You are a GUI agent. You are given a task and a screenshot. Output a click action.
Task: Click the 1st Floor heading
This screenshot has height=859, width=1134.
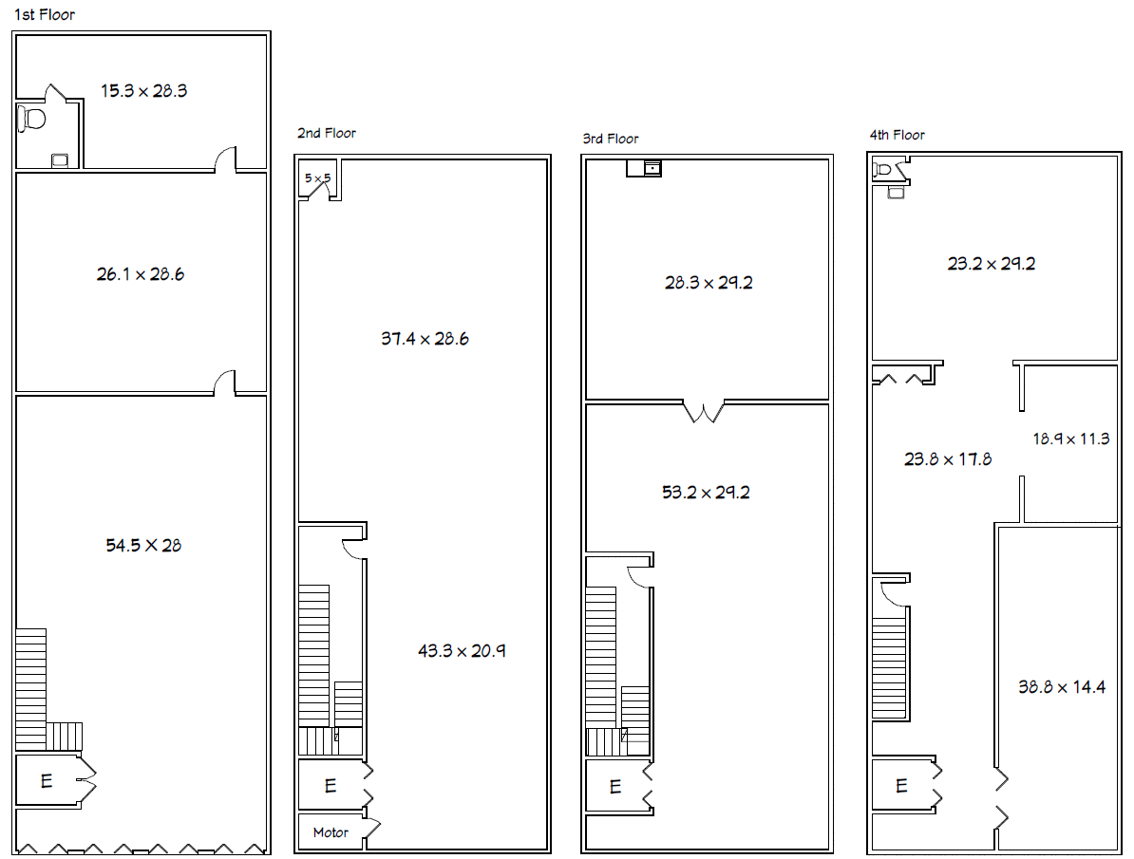[x=45, y=14]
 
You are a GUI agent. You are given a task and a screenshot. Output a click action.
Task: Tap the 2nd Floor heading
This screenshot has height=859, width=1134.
[x=326, y=133]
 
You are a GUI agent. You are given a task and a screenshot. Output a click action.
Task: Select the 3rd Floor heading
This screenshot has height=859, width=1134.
[x=611, y=139]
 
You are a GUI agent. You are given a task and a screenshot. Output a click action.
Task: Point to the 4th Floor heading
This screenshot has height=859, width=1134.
[x=897, y=135]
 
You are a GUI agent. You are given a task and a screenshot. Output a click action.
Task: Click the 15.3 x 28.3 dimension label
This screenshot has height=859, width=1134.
[x=144, y=91]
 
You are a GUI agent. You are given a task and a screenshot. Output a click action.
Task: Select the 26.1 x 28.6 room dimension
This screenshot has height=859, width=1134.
[x=141, y=274]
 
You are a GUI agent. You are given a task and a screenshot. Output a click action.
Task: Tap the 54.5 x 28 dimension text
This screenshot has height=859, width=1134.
[x=143, y=546]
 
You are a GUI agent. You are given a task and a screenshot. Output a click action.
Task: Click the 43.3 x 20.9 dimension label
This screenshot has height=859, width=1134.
[x=462, y=651]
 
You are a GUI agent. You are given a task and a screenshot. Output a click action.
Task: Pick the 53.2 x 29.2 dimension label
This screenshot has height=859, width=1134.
[x=706, y=494]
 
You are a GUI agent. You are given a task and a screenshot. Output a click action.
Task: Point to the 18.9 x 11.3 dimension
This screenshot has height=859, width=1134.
[x=1070, y=439]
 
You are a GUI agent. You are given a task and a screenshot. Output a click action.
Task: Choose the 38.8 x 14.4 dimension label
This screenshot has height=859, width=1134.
[x=1062, y=687]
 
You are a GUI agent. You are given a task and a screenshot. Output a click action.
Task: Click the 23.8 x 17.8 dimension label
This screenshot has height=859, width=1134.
[x=948, y=459]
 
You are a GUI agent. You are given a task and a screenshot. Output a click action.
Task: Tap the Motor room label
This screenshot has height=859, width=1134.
[x=331, y=833]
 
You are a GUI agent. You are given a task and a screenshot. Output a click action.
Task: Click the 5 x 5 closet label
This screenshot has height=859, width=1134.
[x=317, y=177]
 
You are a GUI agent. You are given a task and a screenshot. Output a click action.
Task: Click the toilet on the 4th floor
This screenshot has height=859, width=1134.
[x=882, y=170]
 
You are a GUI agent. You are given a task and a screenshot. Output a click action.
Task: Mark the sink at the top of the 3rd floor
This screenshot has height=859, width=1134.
[x=652, y=168]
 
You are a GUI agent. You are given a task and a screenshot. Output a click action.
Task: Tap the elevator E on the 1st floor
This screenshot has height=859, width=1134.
[x=47, y=781]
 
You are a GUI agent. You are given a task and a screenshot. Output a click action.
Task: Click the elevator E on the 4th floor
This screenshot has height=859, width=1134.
[x=901, y=786]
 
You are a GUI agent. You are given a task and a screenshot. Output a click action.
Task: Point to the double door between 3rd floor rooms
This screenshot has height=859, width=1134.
[x=704, y=411]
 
